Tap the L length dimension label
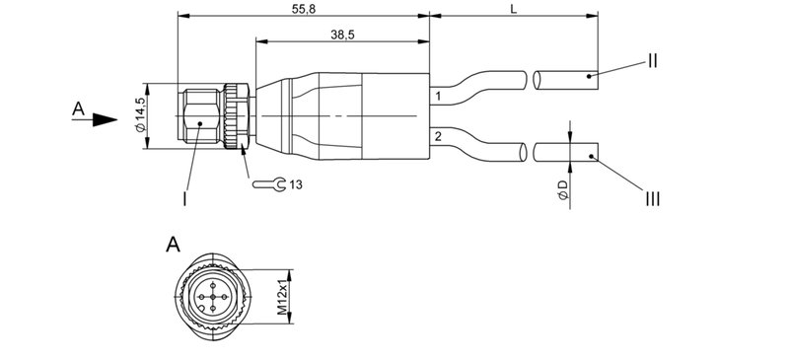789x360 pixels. (514, 8)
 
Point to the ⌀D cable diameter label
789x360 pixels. (562, 191)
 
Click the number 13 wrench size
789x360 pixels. (296, 183)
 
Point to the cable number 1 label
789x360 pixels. (437, 97)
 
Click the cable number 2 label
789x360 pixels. (437, 135)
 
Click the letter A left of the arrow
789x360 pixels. (78, 109)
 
